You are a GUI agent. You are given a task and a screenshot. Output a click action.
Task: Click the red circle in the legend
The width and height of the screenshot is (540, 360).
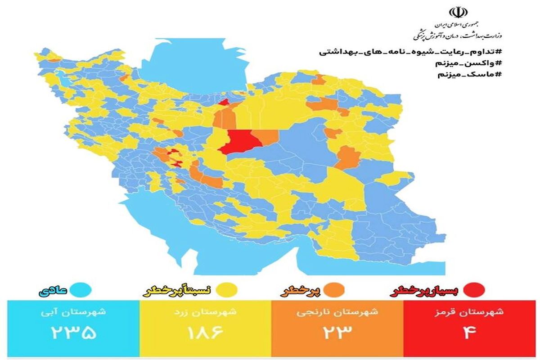[476, 291]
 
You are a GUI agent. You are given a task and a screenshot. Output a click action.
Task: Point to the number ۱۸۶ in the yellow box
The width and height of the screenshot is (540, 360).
[205, 333]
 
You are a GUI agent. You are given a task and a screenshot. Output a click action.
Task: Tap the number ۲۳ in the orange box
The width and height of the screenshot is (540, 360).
[337, 333]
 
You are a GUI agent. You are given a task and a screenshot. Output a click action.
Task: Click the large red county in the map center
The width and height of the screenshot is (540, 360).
[237, 141]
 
